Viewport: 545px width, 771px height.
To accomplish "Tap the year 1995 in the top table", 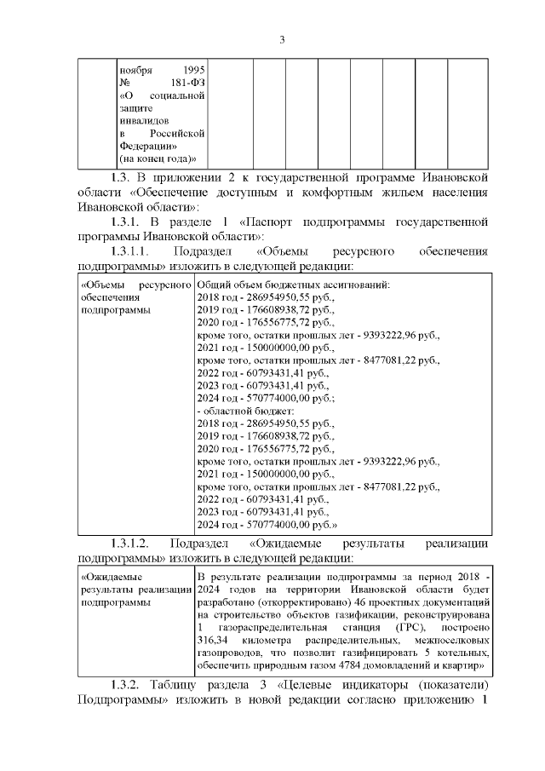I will (193, 69).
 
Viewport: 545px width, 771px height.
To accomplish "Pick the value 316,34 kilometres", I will (213, 640).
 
